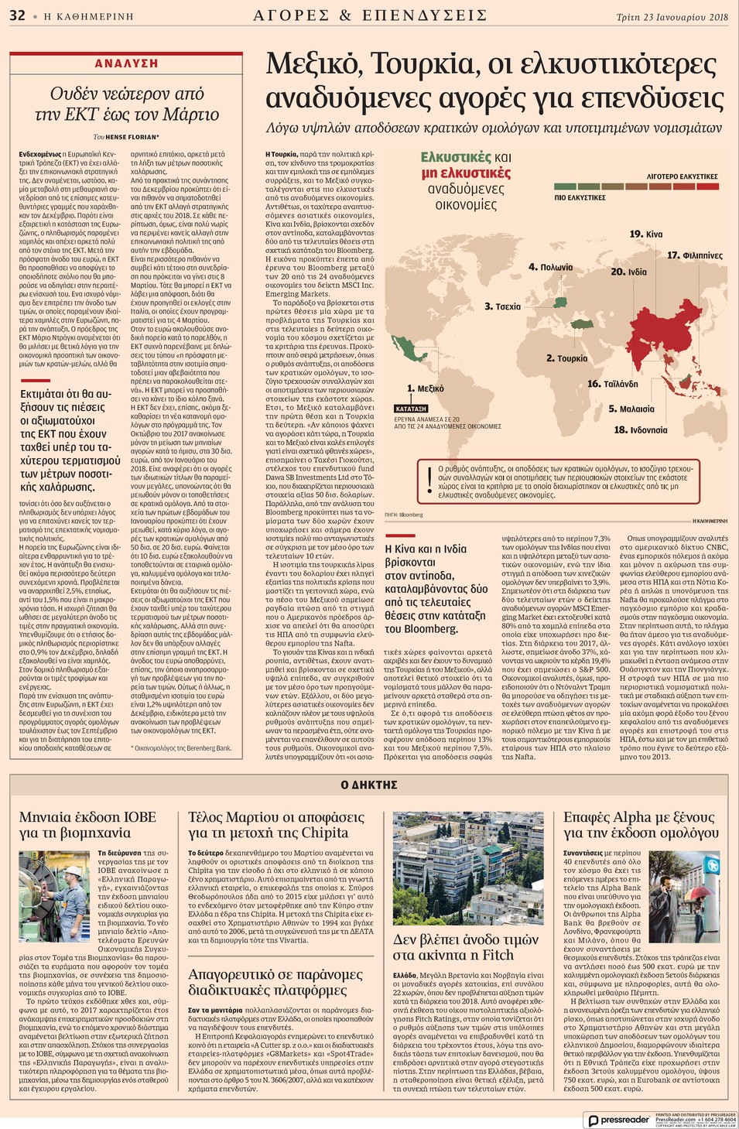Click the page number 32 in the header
click(x=17, y=15)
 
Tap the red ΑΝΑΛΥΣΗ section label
click(x=126, y=63)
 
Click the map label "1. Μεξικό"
click(x=426, y=388)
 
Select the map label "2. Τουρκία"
click(x=566, y=358)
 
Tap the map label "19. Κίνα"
click(x=646, y=234)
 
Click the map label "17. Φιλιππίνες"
click(x=695, y=255)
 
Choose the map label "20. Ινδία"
click(x=628, y=272)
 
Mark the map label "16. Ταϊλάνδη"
click(x=612, y=384)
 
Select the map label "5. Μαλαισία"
click(x=631, y=409)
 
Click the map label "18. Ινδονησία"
click(x=640, y=429)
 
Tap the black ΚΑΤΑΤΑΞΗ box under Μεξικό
click(x=411, y=408)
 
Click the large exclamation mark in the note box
click(x=429, y=481)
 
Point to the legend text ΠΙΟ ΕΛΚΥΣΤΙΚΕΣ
click(x=580, y=198)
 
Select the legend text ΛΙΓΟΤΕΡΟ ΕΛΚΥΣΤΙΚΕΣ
click(x=682, y=176)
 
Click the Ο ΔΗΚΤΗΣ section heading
click(x=369, y=785)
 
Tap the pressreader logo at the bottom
click(x=619, y=1120)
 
